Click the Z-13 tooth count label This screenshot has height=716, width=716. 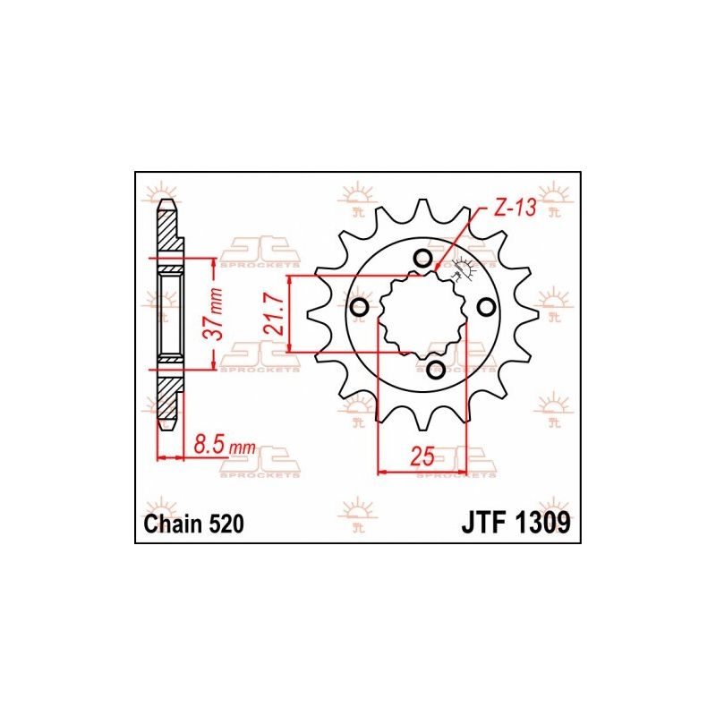coord(513,209)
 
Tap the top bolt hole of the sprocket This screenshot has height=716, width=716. coord(422,260)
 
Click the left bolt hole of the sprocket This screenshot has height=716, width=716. coord(360,309)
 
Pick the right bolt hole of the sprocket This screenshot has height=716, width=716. coord(486,307)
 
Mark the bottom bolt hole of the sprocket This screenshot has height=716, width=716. coord(436,369)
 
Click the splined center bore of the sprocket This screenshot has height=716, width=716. coord(422,313)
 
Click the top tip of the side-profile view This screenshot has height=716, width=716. coord(166,202)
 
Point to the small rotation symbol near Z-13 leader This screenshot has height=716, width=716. coord(463,266)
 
